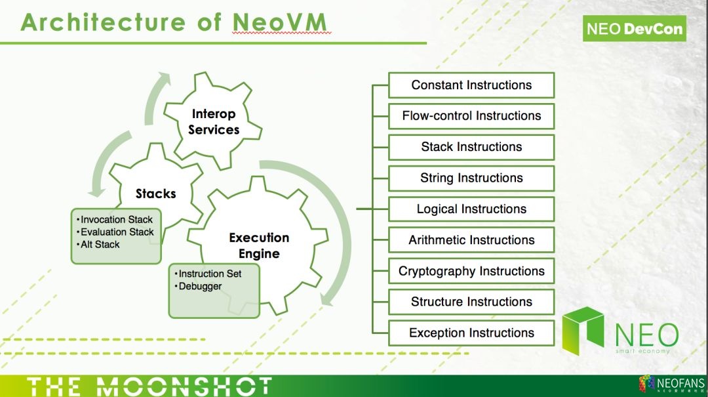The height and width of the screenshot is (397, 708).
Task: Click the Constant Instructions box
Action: coord(471,85)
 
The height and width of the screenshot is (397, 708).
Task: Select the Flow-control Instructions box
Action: coord(471,116)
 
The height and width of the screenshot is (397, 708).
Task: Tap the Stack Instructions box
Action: coord(471,147)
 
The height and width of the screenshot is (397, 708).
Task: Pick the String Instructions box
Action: coord(471,178)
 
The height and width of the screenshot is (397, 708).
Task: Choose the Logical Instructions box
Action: coord(471,209)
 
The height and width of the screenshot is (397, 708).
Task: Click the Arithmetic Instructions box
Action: coord(471,240)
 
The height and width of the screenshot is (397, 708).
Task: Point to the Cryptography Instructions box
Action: coord(471,271)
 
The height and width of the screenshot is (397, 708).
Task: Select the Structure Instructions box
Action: coord(471,302)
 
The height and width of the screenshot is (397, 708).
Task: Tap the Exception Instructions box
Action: coord(471,333)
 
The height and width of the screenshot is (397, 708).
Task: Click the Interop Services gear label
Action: coord(214,122)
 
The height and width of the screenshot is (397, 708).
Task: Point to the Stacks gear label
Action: coord(155,194)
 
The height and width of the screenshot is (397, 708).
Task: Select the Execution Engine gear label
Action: coord(259,245)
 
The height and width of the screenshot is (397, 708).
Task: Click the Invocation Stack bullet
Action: coord(115,220)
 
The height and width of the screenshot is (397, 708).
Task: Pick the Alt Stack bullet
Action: coord(99,244)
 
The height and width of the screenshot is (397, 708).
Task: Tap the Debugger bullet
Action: coord(199,286)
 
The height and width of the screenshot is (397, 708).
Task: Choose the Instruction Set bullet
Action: coord(209,274)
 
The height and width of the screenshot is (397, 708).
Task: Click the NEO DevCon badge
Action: coord(634,29)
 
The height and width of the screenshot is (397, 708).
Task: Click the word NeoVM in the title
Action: coord(280,22)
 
